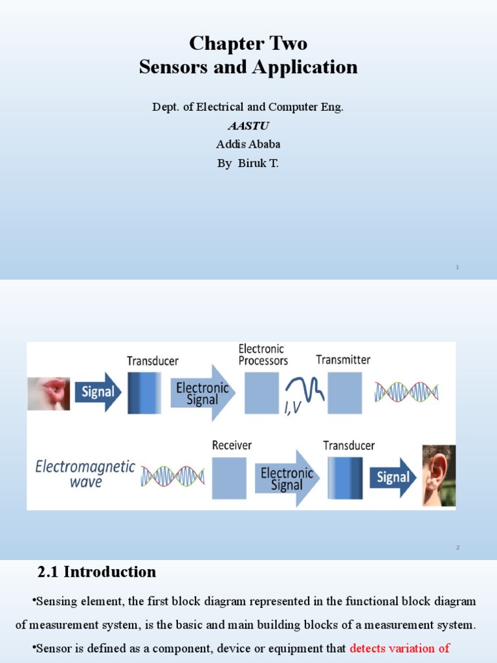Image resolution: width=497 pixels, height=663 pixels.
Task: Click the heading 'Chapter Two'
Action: tap(248, 43)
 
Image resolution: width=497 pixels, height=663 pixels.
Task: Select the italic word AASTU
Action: tap(248, 126)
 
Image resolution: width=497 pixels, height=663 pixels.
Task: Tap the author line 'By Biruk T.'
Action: tap(248, 163)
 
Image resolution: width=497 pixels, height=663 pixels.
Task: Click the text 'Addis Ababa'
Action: tap(248, 144)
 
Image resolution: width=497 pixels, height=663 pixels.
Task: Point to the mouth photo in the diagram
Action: tap(49, 394)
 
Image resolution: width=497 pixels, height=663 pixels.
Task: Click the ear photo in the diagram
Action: tap(439, 475)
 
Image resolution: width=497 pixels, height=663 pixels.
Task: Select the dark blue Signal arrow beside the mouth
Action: tap(97, 392)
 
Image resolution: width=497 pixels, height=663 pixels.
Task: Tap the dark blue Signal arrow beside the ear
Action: tap(393, 478)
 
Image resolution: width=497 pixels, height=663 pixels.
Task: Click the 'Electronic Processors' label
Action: tap(263, 355)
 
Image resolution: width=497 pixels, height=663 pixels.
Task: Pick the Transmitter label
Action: tap(343, 359)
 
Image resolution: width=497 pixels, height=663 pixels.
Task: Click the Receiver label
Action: tap(232, 445)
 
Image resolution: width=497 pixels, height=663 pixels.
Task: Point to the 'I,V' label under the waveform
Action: tap(293, 407)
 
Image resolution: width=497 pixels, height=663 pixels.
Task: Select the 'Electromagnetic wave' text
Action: tap(85, 474)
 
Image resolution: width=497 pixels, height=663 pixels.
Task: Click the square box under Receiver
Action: tap(229, 478)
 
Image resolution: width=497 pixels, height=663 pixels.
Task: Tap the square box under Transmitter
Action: tap(344, 392)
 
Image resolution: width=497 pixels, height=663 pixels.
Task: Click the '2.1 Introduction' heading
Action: tap(96, 572)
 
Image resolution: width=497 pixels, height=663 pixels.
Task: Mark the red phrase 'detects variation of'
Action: tap(399, 648)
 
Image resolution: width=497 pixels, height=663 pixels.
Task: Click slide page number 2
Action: tap(457, 548)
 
